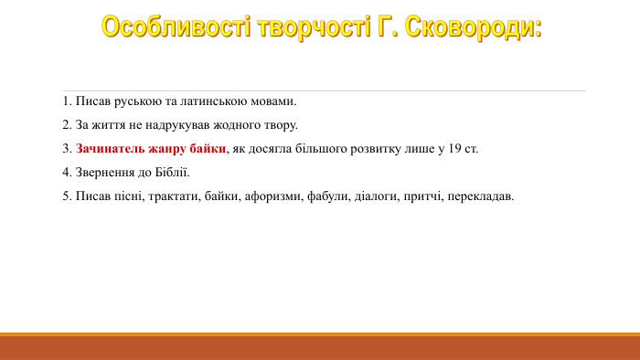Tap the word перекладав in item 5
tap(481, 196)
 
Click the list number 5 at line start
tap(67, 196)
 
